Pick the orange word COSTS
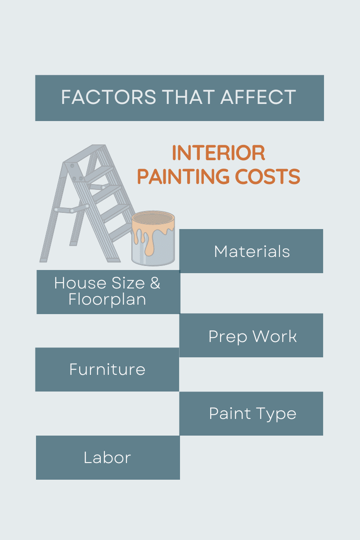pyautogui.click(x=267, y=177)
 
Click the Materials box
pyautogui.click(x=251, y=251)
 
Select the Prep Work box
pyautogui.click(x=251, y=336)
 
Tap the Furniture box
pyautogui.click(x=107, y=369)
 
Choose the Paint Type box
pyautogui.click(x=251, y=414)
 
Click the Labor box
pyautogui.click(x=108, y=458)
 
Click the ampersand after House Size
pyautogui.click(x=155, y=283)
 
